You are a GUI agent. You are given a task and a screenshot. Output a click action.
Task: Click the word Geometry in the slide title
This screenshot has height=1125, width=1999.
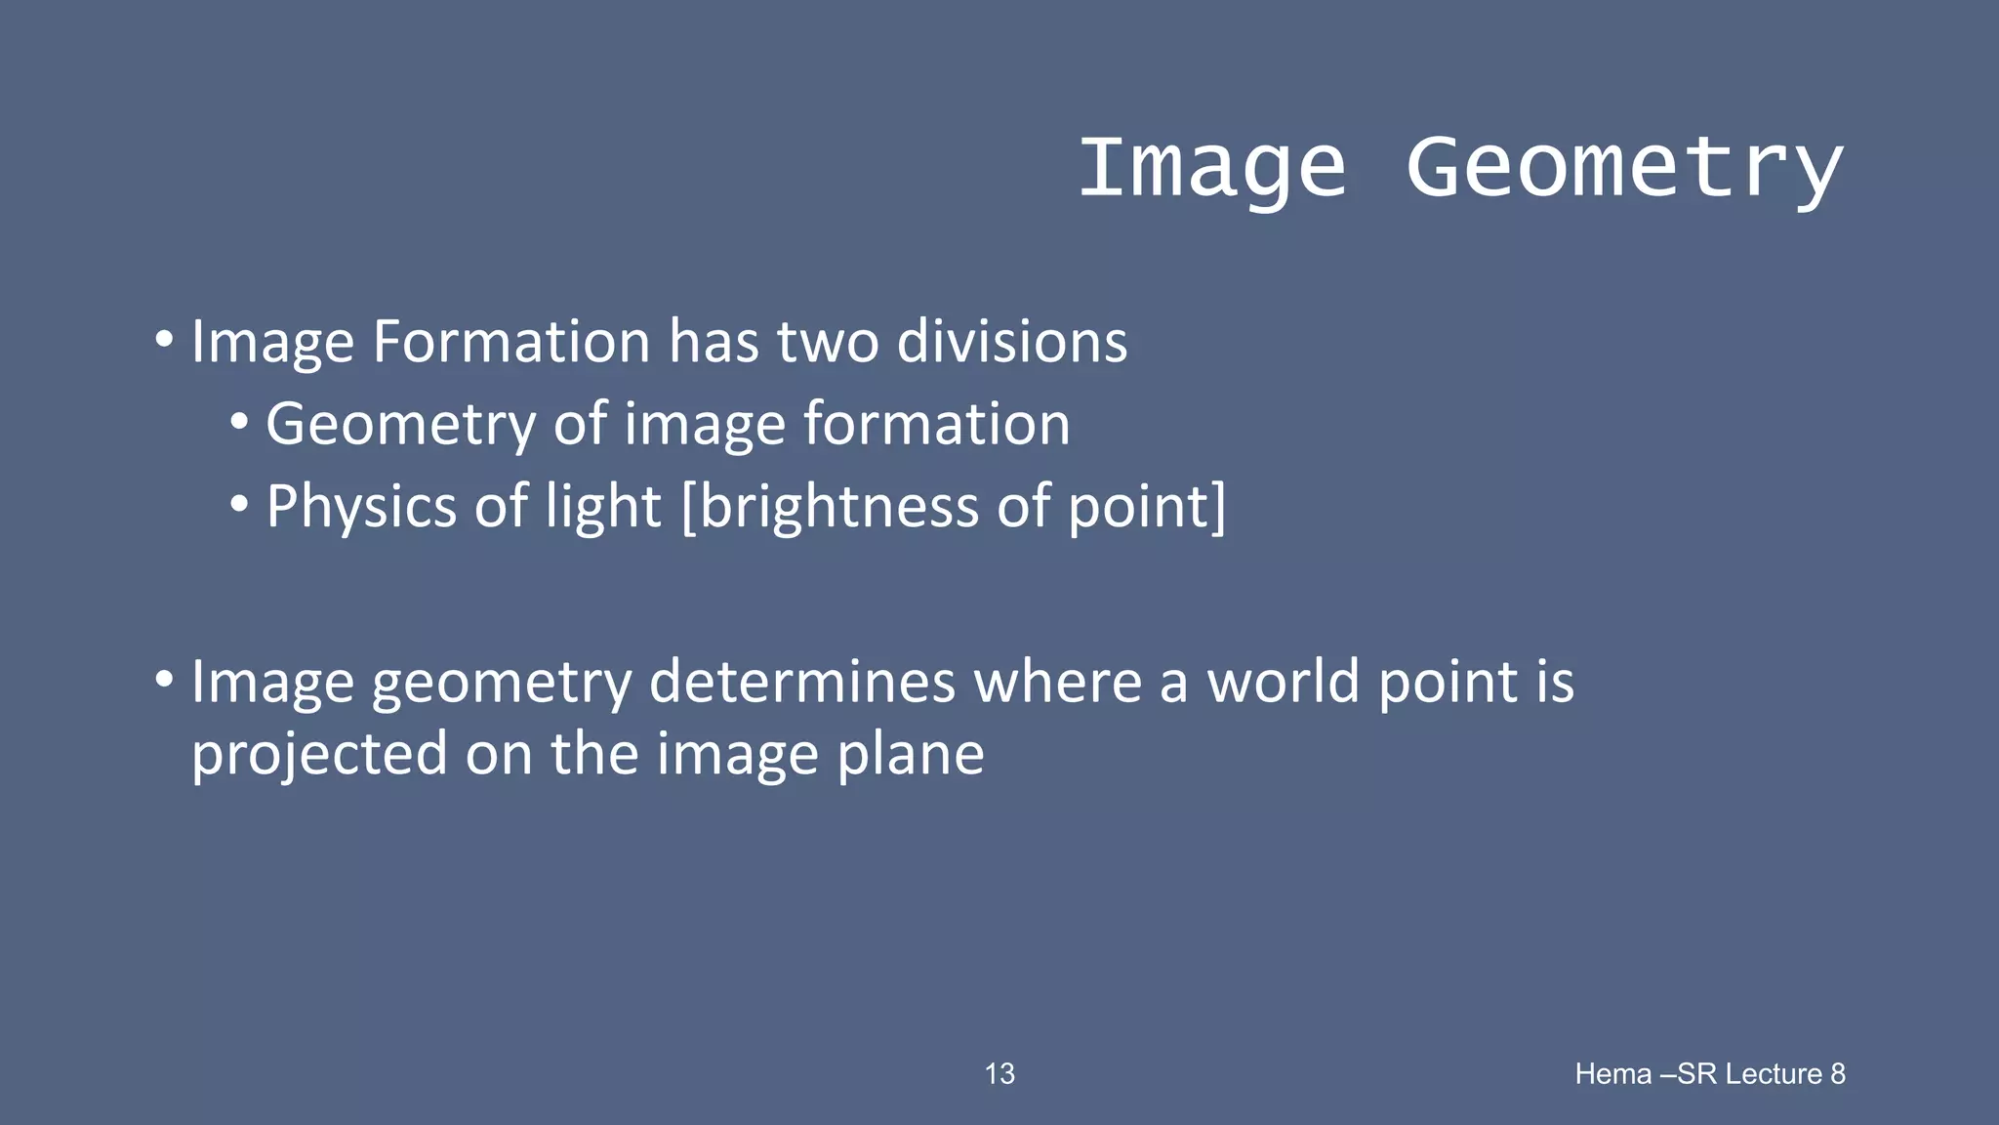[1624, 168]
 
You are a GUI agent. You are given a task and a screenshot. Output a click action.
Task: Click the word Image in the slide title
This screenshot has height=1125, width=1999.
[1212, 168]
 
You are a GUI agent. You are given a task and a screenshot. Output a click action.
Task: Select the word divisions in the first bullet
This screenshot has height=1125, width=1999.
[1012, 342]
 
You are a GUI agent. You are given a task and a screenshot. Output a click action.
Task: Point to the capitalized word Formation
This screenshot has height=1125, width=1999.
[511, 342]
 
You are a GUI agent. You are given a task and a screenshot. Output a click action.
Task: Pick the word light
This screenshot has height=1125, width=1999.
[603, 508]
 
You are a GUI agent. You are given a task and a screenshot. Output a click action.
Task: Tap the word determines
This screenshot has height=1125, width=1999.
[801, 681]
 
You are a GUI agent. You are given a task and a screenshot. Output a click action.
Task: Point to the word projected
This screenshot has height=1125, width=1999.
[318, 756]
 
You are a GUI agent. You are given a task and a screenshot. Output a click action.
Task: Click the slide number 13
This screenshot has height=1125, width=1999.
[999, 1074]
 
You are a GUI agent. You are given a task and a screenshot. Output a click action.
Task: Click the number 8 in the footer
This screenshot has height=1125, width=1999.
[1838, 1074]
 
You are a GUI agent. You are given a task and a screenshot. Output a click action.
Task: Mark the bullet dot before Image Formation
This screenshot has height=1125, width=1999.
[164, 341]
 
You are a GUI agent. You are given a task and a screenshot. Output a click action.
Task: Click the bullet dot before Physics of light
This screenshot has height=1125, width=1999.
[239, 506]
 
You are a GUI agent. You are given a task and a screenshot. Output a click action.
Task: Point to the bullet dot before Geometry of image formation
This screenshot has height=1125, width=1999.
[239, 423]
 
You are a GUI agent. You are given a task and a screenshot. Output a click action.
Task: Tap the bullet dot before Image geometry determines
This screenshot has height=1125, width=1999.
[164, 679]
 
